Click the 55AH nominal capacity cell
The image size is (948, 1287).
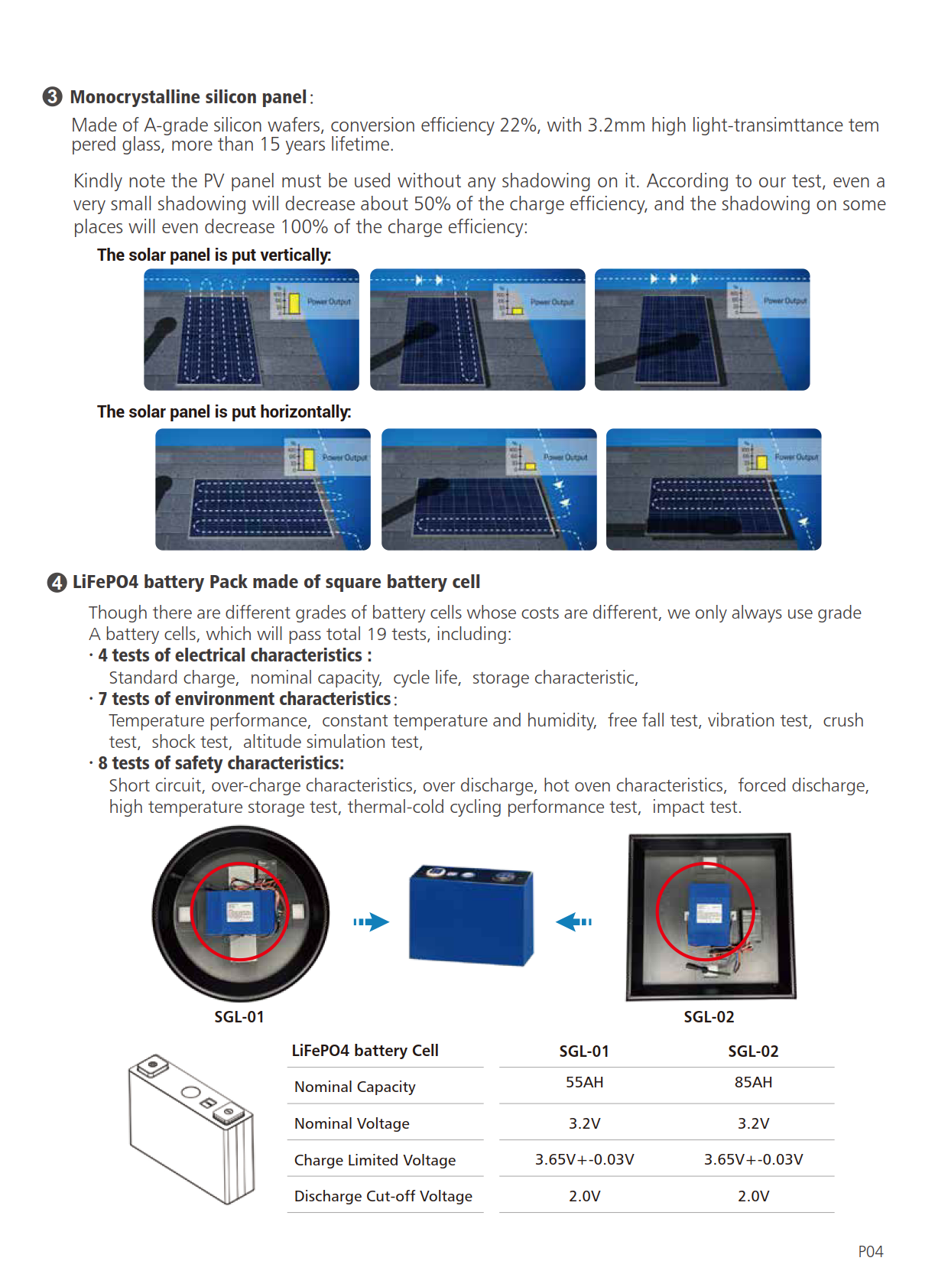click(584, 1082)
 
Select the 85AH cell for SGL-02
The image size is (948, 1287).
click(753, 1082)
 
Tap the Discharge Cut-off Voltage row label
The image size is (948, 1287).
click(383, 1196)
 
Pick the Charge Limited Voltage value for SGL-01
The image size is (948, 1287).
click(584, 1159)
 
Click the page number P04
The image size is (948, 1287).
click(870, 1252)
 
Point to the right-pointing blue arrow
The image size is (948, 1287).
click(371, 921)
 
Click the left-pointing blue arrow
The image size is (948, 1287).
click(573, 921)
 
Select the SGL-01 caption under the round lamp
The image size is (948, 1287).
click(239, 1017)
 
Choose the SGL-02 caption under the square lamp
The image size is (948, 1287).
click(709, 1017)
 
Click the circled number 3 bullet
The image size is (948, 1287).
click(52, 97)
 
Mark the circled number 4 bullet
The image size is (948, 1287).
click(57, 583)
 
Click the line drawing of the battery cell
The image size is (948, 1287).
click(191, 1127)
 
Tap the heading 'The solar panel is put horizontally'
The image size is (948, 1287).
click(224, 412)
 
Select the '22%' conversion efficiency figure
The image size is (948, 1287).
click(518, 125)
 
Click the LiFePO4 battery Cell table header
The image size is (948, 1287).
click(365, 1051)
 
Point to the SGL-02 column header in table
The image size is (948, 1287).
click(753, 1051)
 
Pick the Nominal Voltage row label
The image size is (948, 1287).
click(352, 1123)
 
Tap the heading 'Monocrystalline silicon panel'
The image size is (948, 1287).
click(188, 97)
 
